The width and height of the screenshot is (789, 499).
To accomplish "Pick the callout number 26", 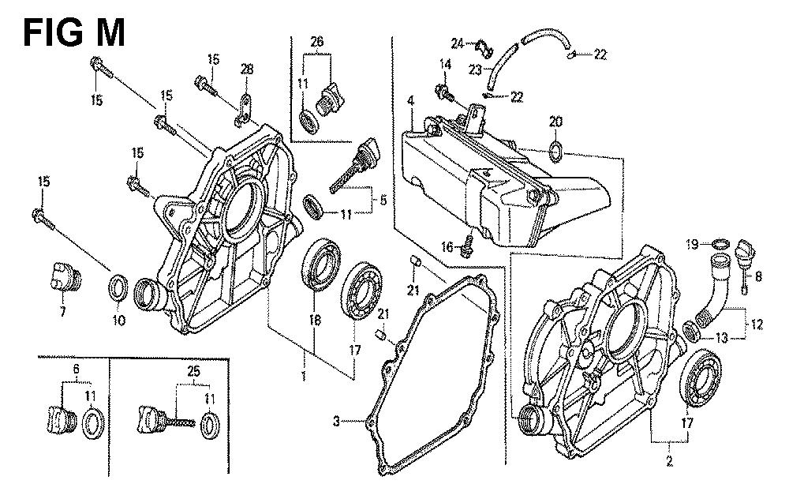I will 317,42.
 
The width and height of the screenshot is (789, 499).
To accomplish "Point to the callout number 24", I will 458,42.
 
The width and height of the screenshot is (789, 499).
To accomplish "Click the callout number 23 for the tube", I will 475,69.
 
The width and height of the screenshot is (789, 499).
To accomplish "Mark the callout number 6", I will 76,370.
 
